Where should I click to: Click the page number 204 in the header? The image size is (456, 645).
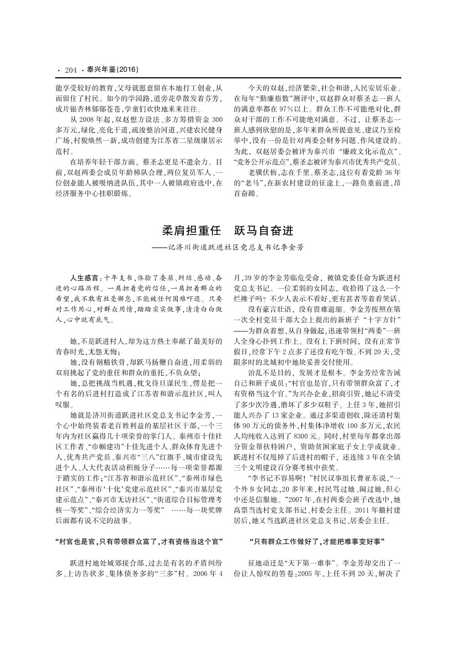point(70,70)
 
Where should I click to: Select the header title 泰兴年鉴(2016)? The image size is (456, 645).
point(112,70)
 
